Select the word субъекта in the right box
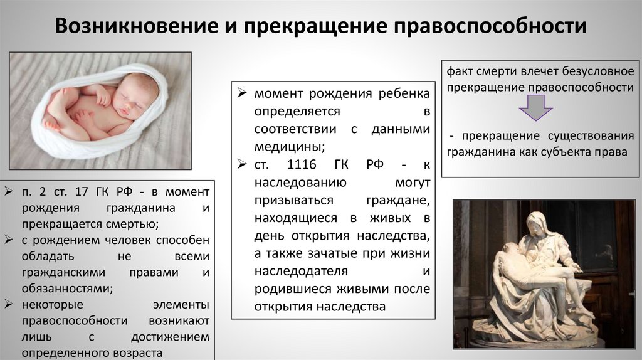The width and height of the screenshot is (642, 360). (x=570, y=151)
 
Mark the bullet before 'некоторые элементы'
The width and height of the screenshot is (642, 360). (x=9, y=305)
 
